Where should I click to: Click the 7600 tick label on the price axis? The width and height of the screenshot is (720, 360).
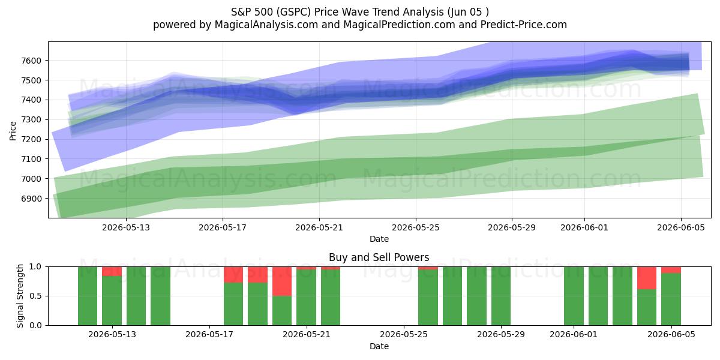[31, 61]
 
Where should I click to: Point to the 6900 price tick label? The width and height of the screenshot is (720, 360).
[31, 199]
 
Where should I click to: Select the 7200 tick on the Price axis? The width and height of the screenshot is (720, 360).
[31, 139]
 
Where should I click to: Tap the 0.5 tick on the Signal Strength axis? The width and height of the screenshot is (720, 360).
[35, 296]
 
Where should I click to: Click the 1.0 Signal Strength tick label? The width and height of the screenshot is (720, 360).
[35, 266]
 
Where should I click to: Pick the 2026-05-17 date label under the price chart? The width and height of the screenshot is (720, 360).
[223, 227]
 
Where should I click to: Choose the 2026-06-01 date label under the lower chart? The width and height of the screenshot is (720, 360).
[574, 334]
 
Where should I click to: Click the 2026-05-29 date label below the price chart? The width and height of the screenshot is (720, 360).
[512, 227]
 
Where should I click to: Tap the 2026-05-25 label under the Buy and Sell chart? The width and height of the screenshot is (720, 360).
[404, 334]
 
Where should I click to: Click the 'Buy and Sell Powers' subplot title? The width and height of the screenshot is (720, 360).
[379, 257]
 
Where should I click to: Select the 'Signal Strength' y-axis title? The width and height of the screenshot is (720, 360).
[20, 296]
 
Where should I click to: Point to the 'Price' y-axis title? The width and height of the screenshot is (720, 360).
[13, 131]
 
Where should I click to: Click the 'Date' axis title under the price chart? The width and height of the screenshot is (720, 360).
[379, 239]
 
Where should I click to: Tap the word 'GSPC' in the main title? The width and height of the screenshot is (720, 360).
[293, 12]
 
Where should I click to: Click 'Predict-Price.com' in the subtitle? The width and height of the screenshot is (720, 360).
[524, 25]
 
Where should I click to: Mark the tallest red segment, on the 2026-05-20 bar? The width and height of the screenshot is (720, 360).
[282, 281]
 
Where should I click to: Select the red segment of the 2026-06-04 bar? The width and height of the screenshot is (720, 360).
[647, 278]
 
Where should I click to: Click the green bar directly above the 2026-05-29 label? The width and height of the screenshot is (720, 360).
[501, 296]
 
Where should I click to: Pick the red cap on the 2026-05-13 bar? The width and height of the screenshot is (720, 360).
[112, 271]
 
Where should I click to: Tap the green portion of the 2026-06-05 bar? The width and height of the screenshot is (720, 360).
[671, 299]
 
